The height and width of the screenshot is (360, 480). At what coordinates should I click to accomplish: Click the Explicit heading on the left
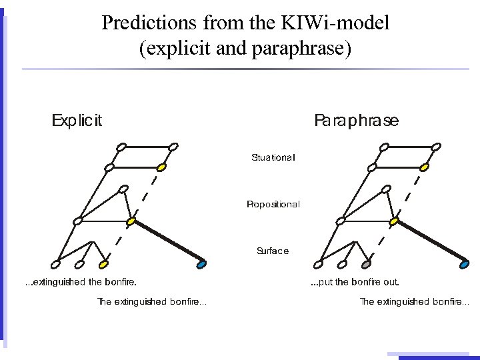pyautogui.click(x=77, y=121)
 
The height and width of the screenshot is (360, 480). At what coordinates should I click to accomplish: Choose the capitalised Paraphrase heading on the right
pyautogui.click(x=356, y=121)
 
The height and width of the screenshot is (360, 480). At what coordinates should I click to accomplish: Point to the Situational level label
pyautogui.click(x=273, y=158)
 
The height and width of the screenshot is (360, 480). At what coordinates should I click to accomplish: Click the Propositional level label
pyautogui.click(x=273, y=204)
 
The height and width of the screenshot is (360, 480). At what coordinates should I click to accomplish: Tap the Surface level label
pyautogui.click(x=273, y=251)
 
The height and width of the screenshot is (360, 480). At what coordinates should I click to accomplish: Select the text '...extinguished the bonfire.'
pyautogui.click(x=81, y=282)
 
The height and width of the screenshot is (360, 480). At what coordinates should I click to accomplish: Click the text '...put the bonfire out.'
pyautogui.click(x=355, y=282)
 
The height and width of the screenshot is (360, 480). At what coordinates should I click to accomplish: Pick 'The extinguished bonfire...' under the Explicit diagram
pyautogui.click(x=152, y=302)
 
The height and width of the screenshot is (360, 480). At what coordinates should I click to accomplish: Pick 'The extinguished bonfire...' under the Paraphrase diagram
pyautogui.click(x=414, y=302)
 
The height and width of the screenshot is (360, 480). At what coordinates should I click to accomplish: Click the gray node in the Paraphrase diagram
pyautogui.click(x=366, y=263)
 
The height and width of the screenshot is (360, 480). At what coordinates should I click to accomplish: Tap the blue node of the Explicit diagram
pyautogui.click(x=202, y=265)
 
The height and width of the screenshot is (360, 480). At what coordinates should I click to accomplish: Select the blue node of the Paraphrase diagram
pyautogui.click(x=465, y=265)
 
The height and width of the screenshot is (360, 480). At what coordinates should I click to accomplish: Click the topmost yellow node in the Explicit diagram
pyautogui.click(x=161, y=167)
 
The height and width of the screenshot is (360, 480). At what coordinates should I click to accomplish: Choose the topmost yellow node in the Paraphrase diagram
pyautogui.click(x=424, y=167)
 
